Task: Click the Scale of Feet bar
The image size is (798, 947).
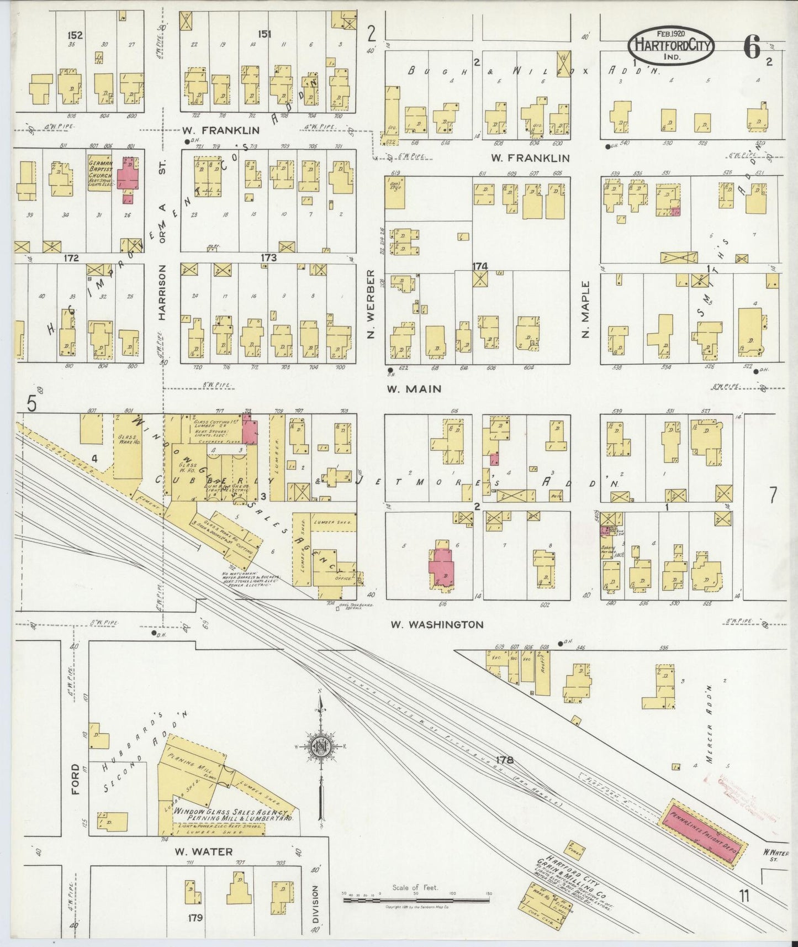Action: point(415,900)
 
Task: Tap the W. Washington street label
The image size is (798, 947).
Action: point(437,625)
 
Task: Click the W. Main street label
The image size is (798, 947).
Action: point(414,389)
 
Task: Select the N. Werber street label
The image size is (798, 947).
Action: point(371,304)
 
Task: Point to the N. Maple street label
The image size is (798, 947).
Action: point(585,309)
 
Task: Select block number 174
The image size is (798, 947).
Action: point(480,266)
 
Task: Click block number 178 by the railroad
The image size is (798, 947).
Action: point(505,760)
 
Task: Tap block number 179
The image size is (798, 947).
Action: point(195,918)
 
